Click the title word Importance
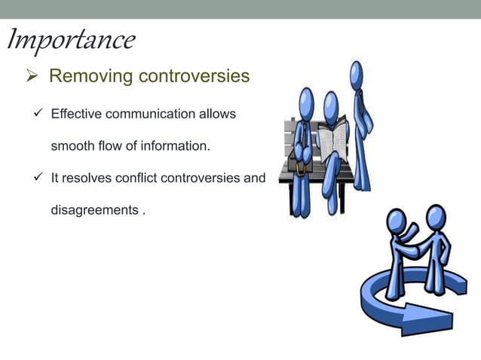[71, 41]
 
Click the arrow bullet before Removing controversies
[34, 77]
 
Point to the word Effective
[74, 114]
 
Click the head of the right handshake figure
[436, 217]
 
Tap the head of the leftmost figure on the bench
[306, 99]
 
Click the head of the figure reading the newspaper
[331, 102]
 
